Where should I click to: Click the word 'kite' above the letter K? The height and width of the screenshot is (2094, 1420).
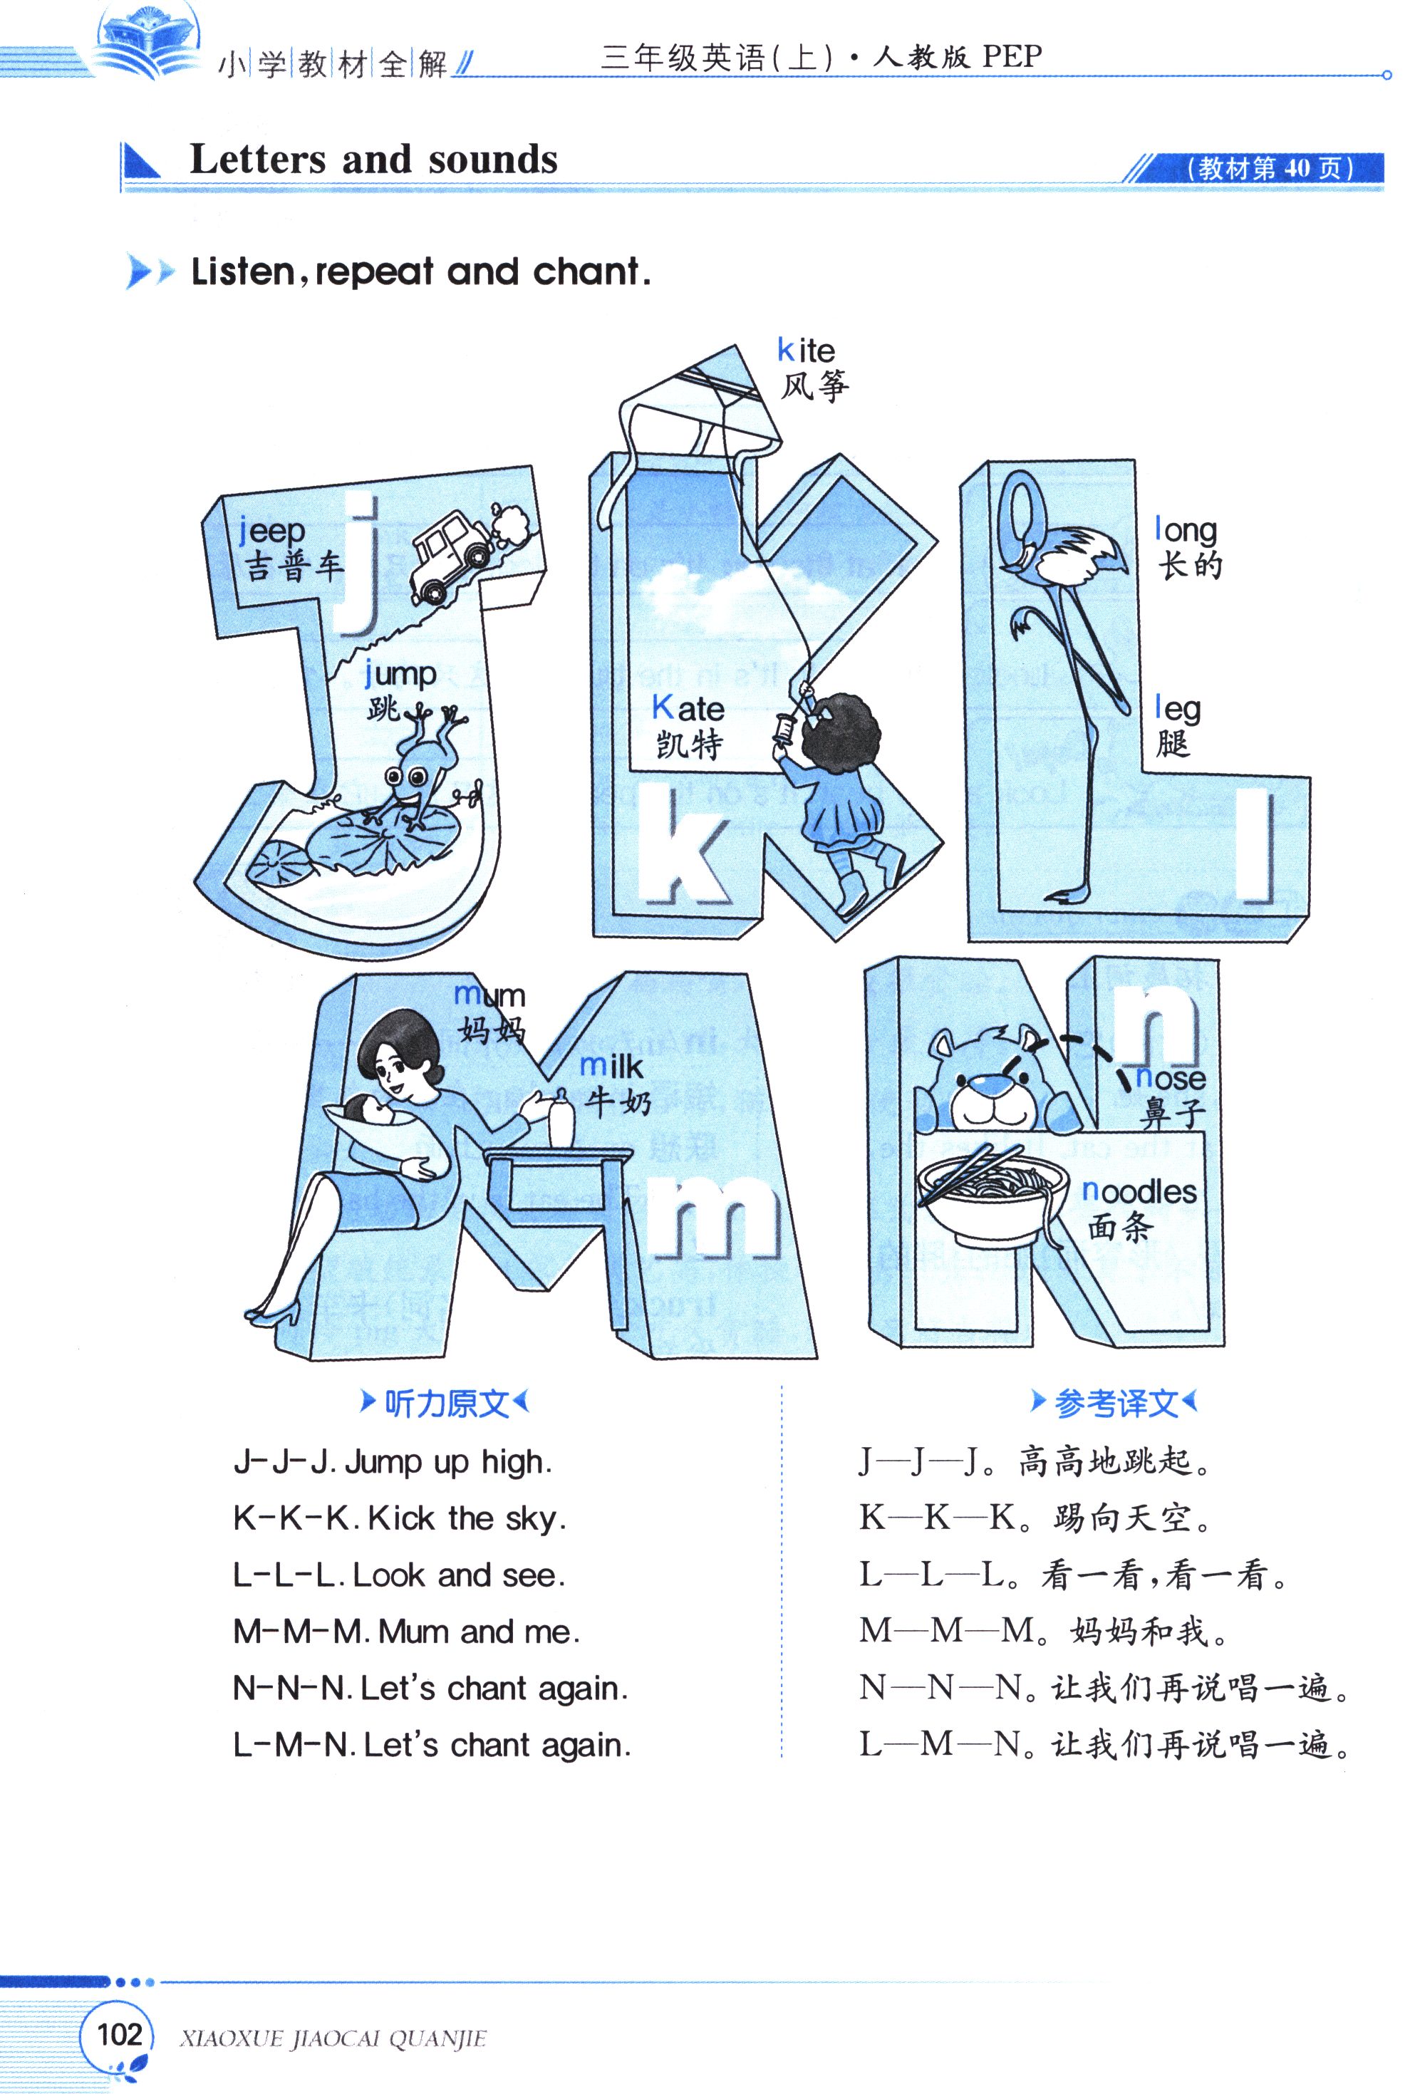[x=806, y=351]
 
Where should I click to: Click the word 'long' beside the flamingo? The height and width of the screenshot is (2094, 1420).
[x=1186, y=531]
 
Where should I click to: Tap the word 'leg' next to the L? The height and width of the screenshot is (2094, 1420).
[x=1177, y=709]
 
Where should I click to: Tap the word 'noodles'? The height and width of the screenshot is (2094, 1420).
[x=1139, y=1191]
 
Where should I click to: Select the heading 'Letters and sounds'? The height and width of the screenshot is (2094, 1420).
[x=373, y=160]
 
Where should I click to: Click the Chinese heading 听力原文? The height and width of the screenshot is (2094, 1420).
[x=445, y=1404]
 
